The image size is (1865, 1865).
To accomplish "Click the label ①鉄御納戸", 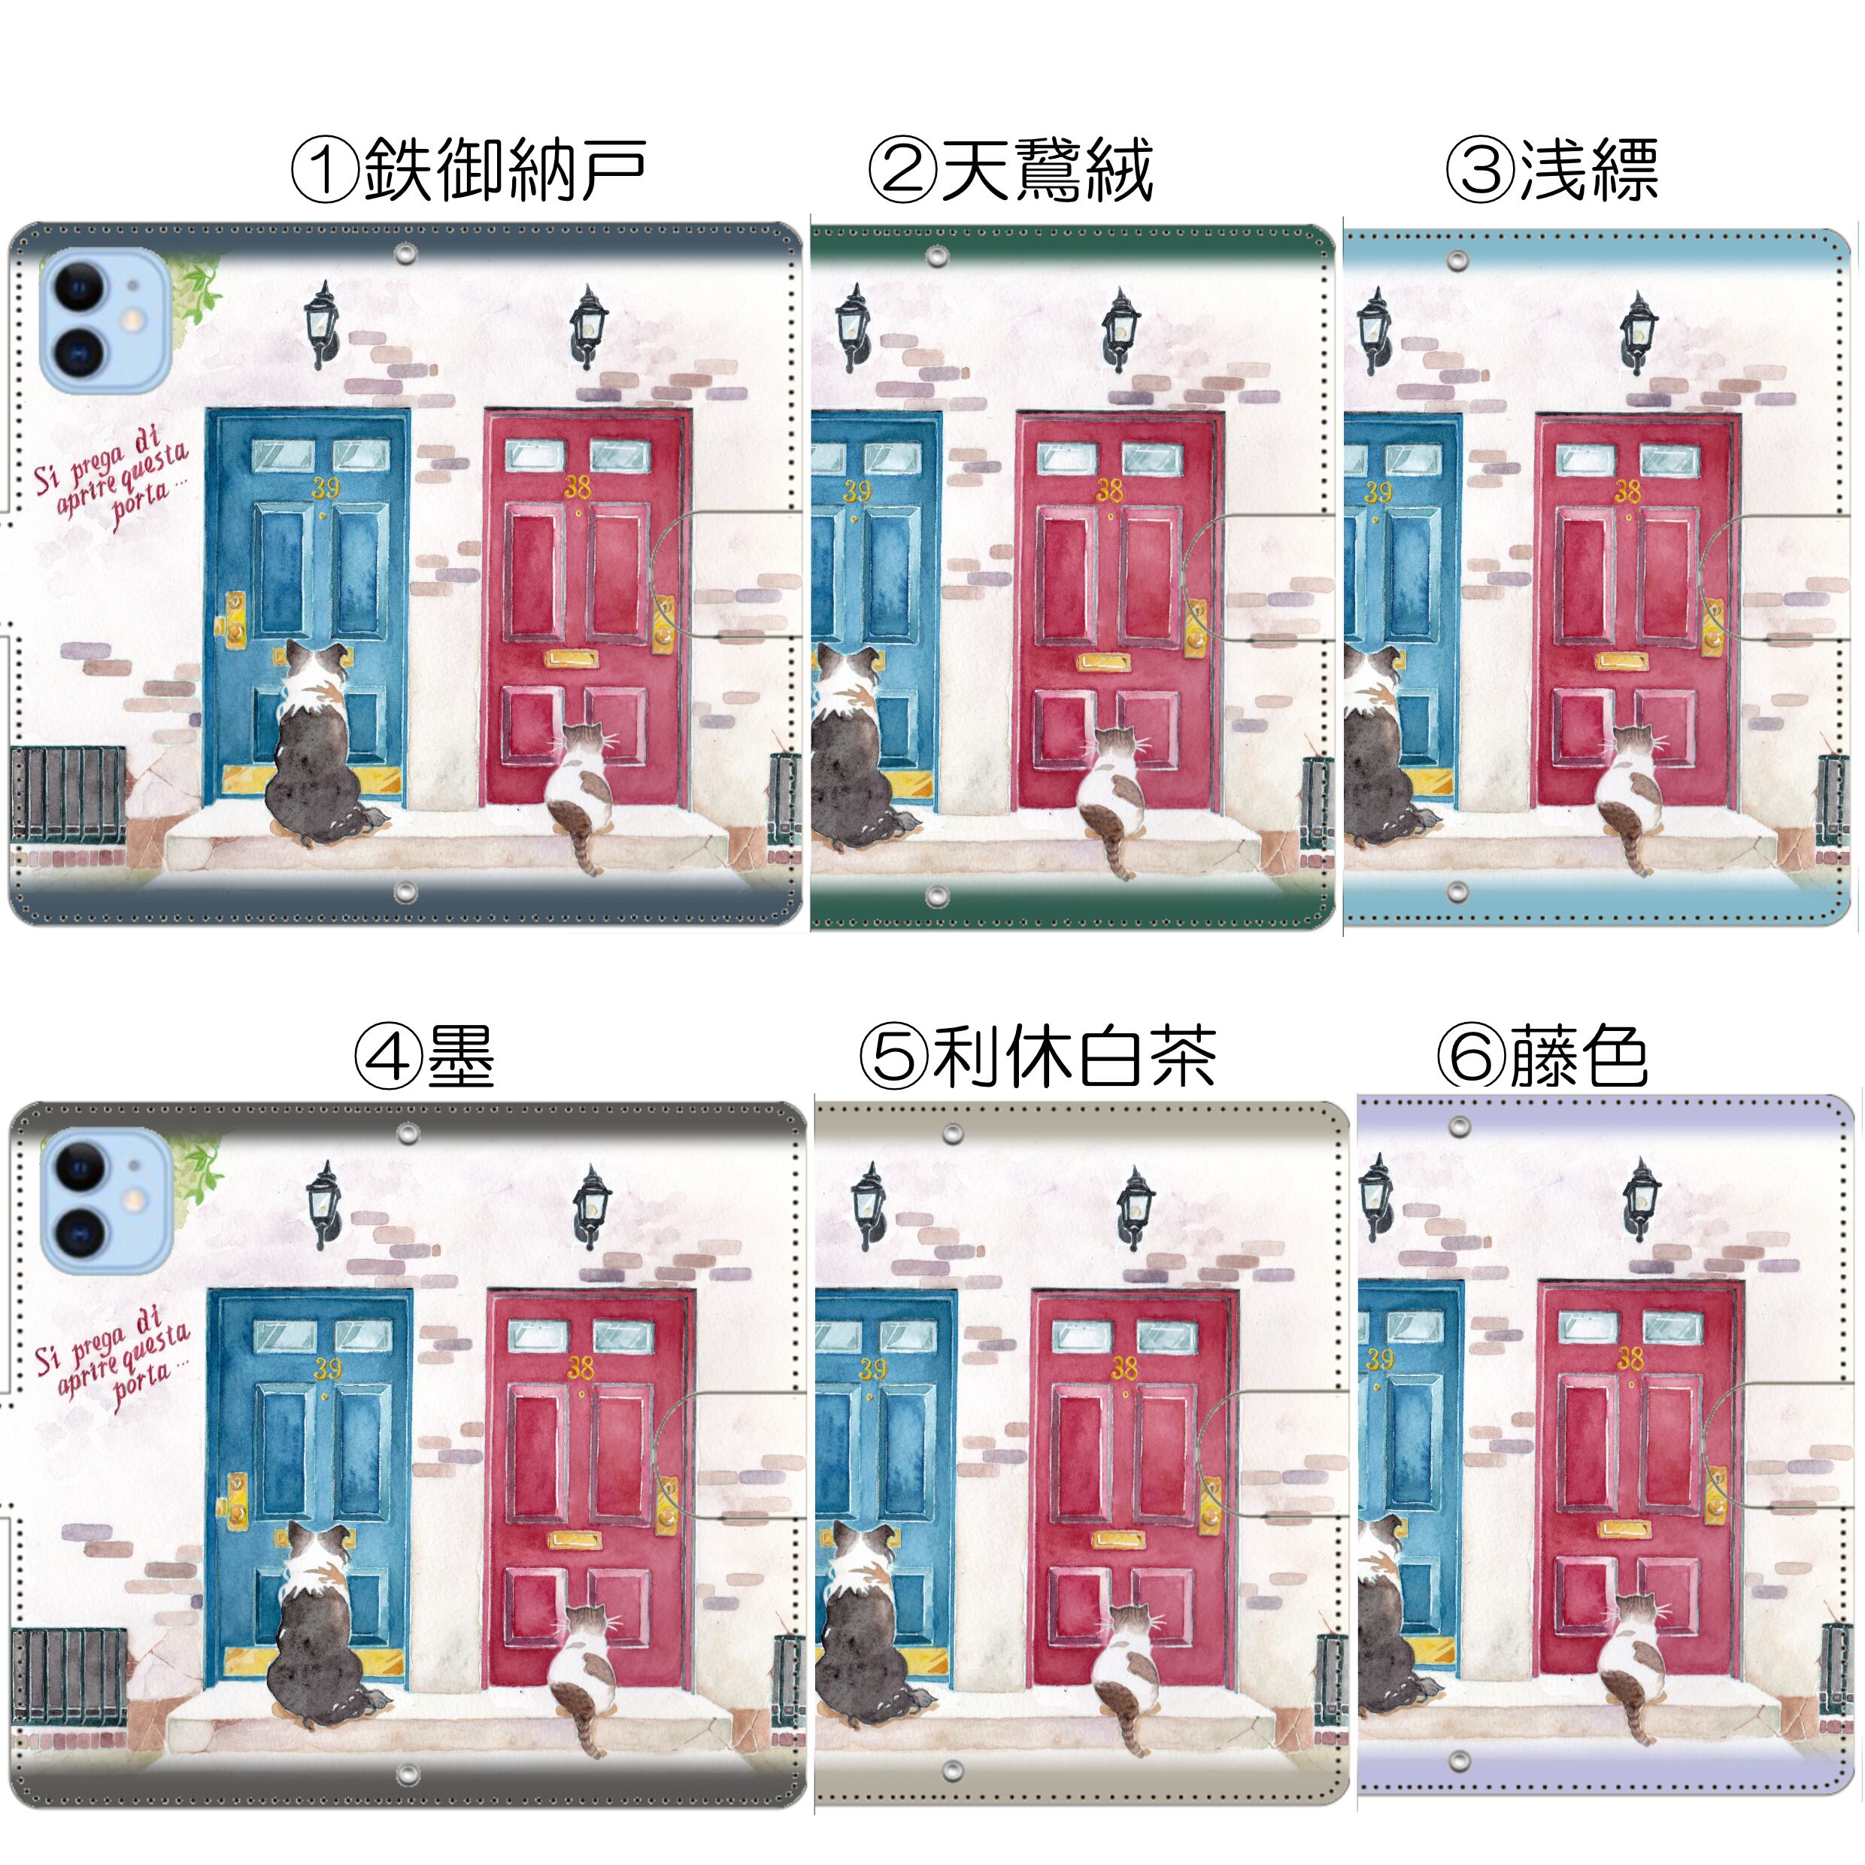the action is tap(469, 170).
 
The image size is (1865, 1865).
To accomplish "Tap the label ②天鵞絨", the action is tap(1010, 170).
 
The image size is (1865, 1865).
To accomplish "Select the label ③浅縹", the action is tap(1551, 170).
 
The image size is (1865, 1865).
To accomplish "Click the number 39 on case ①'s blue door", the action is tap(326, 487).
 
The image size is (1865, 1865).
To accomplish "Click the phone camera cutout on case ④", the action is tap(105, 1201).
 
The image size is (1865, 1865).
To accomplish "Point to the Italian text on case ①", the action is tap(111, 478).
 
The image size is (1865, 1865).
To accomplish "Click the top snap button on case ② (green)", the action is tap(936, 256).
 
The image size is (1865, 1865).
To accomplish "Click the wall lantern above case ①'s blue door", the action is tap(321, 324).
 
